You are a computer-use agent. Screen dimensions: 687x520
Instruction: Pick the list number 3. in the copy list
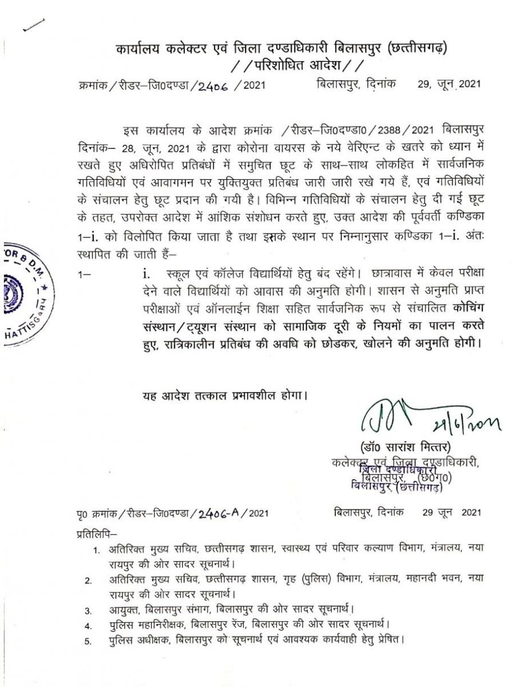(88, 610)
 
